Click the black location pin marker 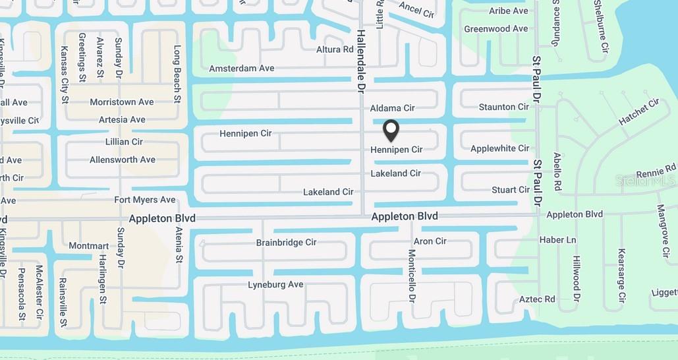391,130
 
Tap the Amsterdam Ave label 241,69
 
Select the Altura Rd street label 335,49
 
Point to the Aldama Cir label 392,108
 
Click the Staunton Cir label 503,107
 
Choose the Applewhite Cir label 499,149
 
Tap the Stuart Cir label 510,190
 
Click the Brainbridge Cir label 286,243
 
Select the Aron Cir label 430,241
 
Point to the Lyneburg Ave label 275,285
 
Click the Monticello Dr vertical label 412,276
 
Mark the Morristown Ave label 122,102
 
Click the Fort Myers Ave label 145,200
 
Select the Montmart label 89,246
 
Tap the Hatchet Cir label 638,112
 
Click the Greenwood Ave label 495,29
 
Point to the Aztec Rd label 537,299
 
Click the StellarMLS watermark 645,180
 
